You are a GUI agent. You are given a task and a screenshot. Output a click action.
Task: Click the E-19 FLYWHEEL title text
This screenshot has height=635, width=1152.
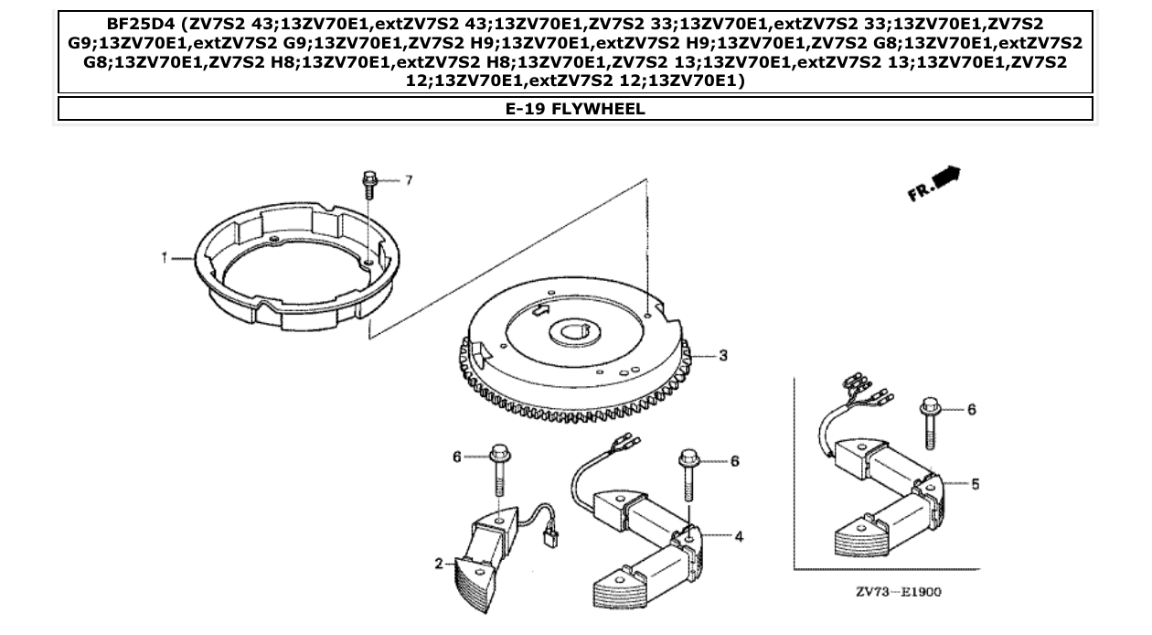575,109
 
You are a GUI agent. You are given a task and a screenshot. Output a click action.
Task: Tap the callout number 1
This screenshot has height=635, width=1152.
165,258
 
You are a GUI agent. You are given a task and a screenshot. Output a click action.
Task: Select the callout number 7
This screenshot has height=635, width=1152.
409,180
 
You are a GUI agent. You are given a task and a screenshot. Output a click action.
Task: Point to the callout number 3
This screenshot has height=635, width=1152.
722,355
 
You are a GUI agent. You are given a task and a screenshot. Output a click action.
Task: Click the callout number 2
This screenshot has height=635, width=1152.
439,564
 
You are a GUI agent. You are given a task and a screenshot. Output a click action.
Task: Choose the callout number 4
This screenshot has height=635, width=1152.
738,536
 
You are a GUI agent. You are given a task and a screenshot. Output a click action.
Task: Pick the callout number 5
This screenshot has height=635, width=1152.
975,482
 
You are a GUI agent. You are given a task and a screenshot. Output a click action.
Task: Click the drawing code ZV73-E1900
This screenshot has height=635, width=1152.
899,591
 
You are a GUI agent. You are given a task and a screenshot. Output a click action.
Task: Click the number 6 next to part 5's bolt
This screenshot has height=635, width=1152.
972,409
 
